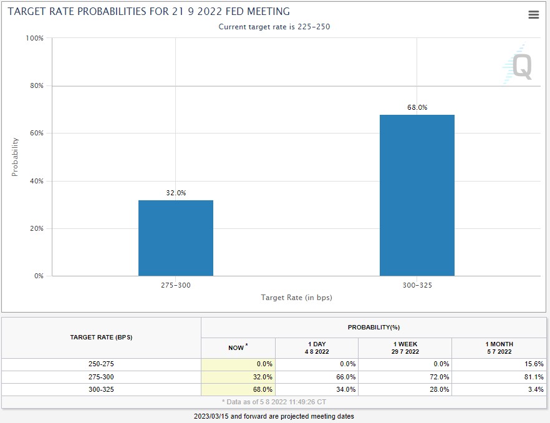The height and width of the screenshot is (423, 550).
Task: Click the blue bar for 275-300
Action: coord(176,238)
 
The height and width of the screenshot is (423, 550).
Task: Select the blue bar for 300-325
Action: coord(417,195)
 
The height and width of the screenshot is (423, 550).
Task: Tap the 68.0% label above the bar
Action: coord(417,107)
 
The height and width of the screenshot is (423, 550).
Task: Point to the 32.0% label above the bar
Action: coord(176,193)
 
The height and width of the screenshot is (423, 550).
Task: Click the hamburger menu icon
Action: coord(534,14)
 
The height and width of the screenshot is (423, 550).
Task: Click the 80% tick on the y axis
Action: coord(36,85)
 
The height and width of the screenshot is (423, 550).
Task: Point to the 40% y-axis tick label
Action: coord(36,181)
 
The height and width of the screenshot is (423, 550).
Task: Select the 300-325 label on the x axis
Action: coord(417,285)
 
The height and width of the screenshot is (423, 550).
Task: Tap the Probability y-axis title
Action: coord(15,157)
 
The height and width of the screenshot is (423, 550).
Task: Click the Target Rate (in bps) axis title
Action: coord(296,298)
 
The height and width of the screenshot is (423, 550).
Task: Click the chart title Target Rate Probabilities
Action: coord(148,12)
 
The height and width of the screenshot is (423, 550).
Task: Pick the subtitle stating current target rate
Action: coord(274,27)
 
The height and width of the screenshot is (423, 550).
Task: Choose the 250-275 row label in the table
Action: coord(101,364)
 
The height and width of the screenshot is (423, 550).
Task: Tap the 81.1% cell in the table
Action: coord(534,377)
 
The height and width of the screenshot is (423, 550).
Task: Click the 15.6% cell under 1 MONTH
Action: coord(534,364)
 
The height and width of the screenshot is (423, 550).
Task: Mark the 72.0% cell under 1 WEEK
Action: coord(439,377)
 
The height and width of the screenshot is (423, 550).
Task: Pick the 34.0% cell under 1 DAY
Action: coord(346,389)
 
